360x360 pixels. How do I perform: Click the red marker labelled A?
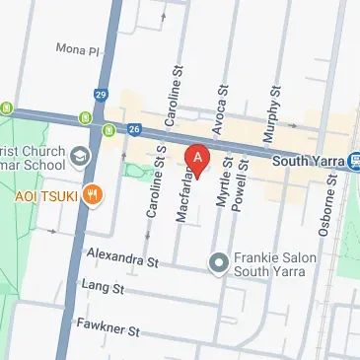click(x=198, y=158)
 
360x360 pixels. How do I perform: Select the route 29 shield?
click(x=102, y=94)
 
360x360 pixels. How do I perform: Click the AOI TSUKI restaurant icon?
click(x=92, y=193)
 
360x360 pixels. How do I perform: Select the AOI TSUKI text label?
click(x=44, y=194)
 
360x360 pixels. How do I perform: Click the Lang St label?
click(x=103, y=289)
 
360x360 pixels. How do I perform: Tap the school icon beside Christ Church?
click(x=80, y=157)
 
